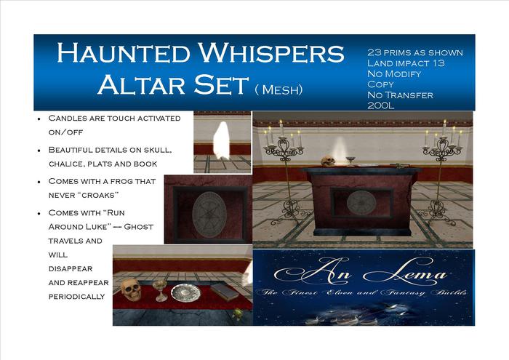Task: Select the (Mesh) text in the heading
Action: (279, 89)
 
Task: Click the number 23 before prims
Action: (376, 52)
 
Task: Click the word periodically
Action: (77, 297)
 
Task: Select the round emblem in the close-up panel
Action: (209, 215)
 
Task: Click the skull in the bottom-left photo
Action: (131, 289)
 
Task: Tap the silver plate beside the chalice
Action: (185, 292)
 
